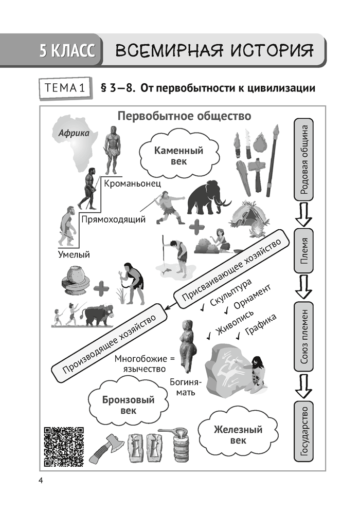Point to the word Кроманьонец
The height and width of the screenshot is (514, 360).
coord(132,183)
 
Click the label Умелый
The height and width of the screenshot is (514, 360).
coord(74,254)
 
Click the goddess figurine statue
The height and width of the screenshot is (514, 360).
coord(186,346)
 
